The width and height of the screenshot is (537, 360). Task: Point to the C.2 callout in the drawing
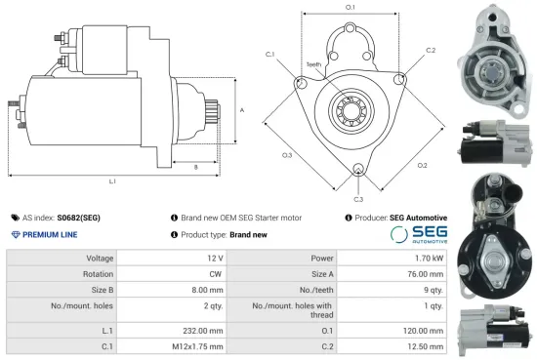(x=431, y=50)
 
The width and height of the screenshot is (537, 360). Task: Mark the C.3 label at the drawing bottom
(x=360, y=197)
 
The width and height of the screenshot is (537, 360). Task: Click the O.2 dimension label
(x=421, y=165)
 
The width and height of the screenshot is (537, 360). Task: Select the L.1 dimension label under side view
(x=112, y=181)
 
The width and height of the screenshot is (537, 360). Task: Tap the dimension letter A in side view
(x=240, y=110)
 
